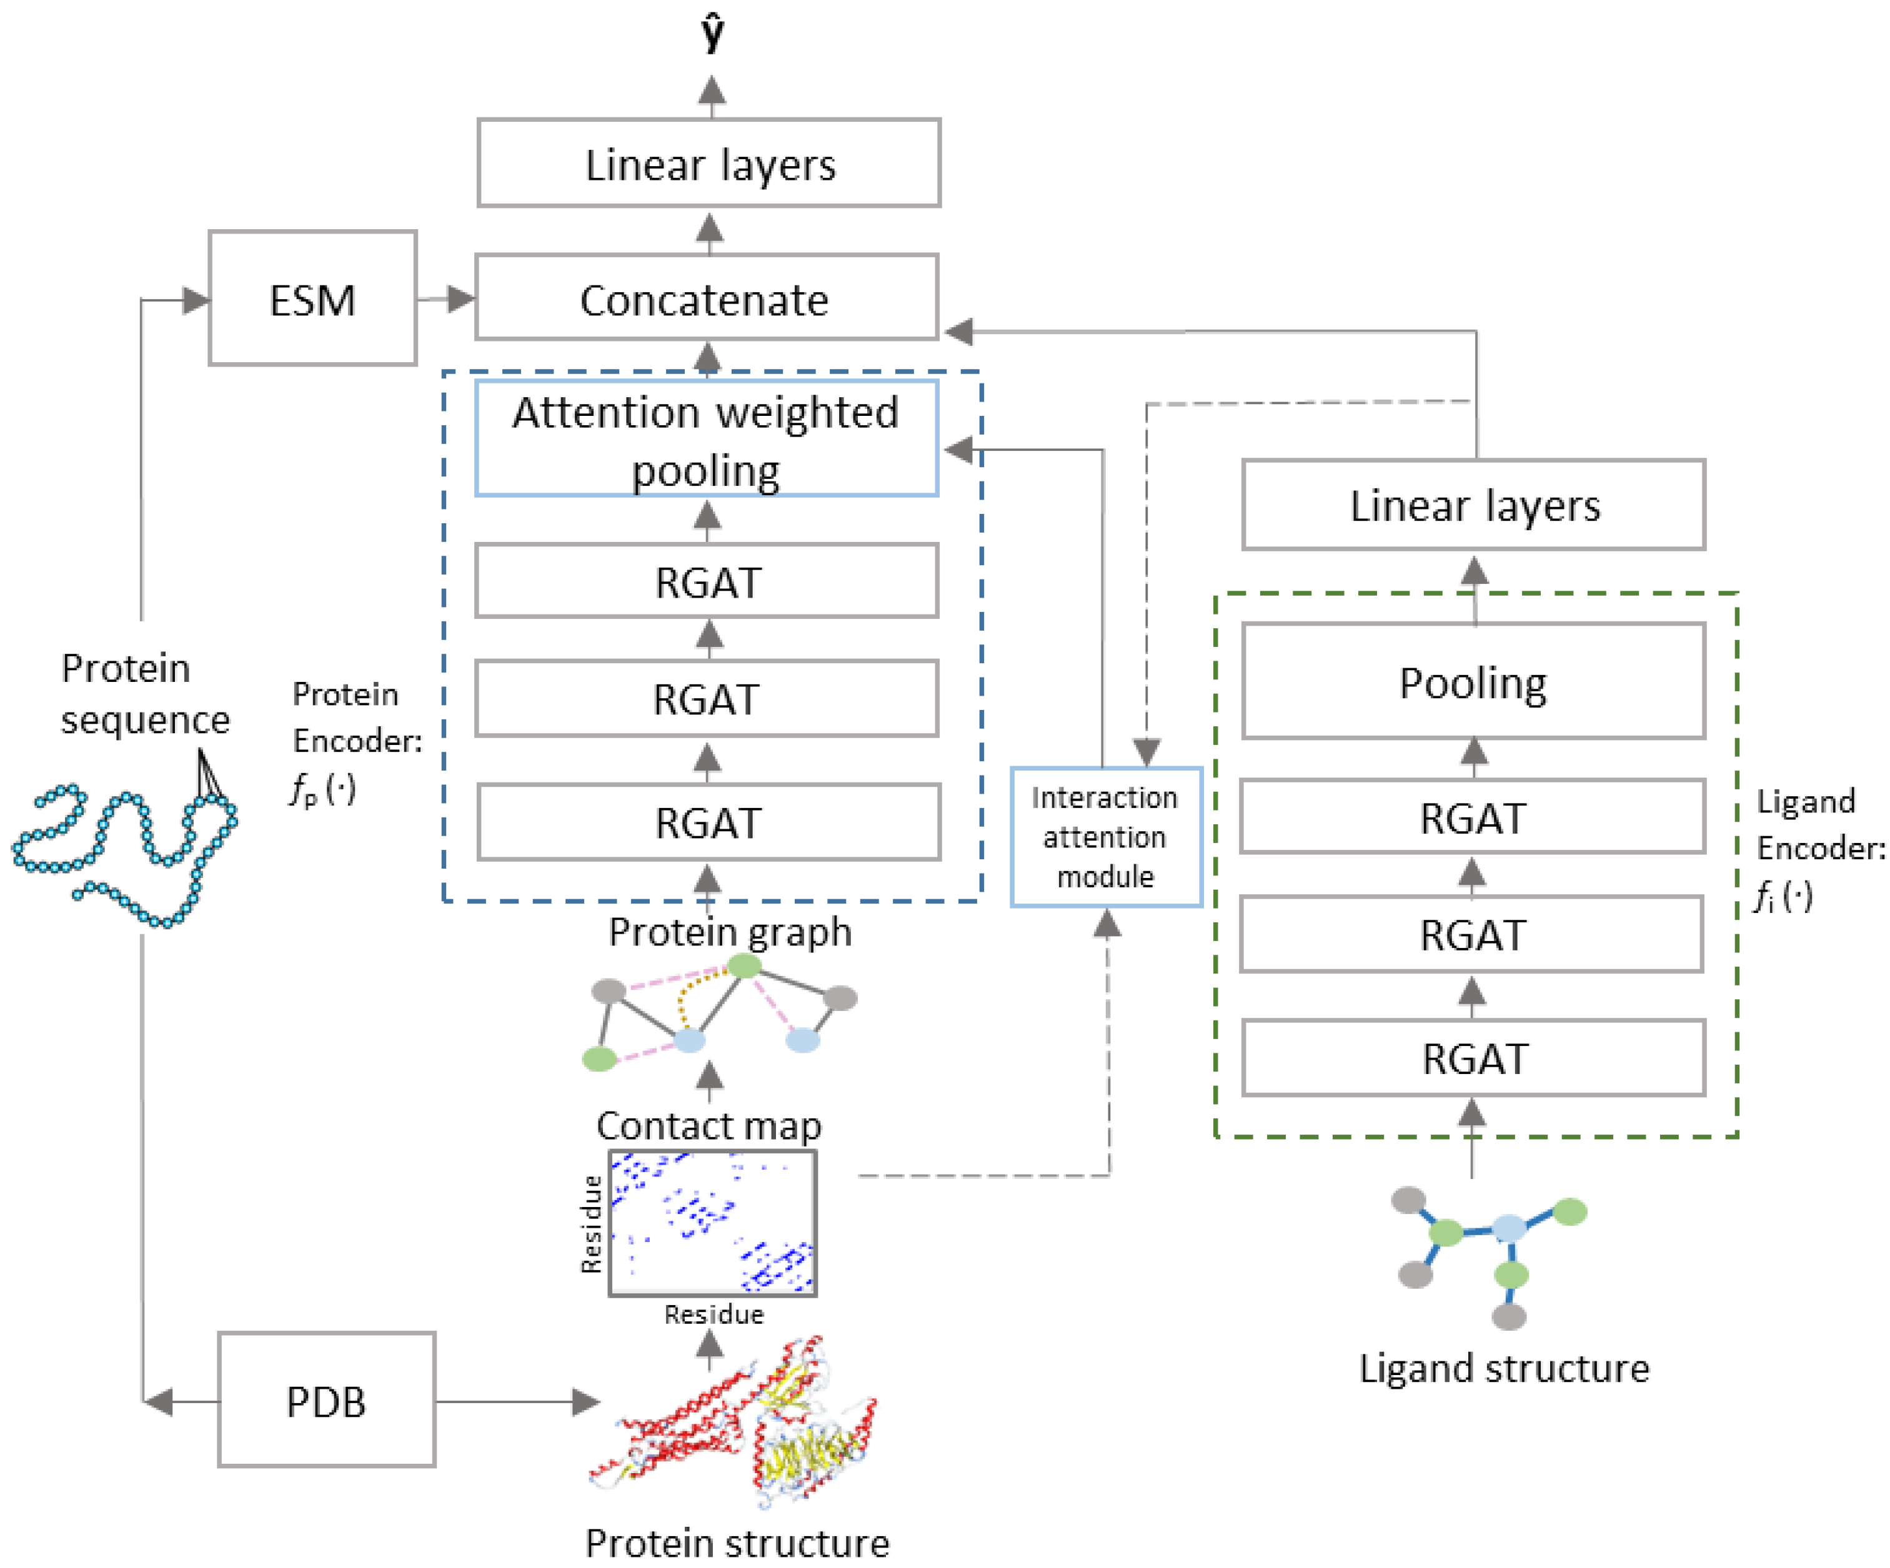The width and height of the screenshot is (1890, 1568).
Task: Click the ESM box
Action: [312, 298]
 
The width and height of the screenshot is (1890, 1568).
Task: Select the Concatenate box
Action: [707, 298]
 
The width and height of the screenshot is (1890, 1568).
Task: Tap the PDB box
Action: [327, 1401]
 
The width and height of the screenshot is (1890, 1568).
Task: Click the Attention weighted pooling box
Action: [707, 439]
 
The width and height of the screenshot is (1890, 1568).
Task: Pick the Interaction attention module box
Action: [1106, 837]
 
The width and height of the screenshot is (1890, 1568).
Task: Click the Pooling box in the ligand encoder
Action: [1473, 682]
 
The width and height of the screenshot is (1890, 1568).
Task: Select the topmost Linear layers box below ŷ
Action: [709, 164]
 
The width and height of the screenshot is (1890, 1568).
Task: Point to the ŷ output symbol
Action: [712, 34]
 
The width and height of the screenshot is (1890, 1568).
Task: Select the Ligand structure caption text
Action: [1504, 1368]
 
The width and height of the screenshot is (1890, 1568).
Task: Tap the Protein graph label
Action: [730, 932]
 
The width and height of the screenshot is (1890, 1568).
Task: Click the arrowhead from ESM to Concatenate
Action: [461, 298]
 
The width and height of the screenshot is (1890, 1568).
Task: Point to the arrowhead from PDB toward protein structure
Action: [586, 1401]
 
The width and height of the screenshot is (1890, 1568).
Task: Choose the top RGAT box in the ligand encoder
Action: [1473, 817]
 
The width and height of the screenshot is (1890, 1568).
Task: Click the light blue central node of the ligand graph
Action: [1508, 1227]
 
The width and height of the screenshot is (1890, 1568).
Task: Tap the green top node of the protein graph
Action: [744, 966]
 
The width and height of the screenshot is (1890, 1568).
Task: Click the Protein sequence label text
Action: [144, 694]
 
